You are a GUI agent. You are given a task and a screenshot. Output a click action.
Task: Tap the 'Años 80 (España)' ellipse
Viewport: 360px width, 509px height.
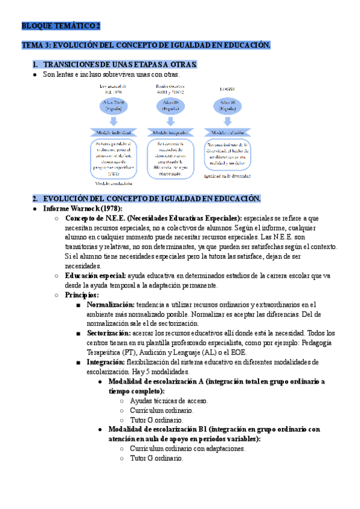[x=169, y=107]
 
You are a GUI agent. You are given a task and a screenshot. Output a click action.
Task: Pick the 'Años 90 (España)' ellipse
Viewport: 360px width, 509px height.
[x=227, y=107]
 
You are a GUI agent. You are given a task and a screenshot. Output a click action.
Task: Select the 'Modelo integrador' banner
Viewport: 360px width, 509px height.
[x=170, y=132]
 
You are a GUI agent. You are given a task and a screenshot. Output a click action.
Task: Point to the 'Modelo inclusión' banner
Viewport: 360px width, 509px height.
[x=227, y=132]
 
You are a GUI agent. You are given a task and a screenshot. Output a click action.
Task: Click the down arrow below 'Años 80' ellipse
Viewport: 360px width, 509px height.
[x=169, y=121]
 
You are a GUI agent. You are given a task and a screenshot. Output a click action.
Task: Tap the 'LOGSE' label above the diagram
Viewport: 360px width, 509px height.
[x=227, y=88]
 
